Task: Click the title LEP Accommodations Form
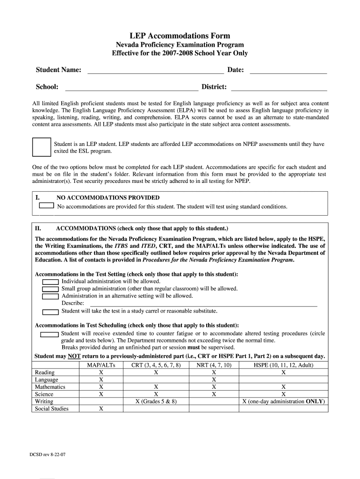(180, 36)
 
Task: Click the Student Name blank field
(156, 71)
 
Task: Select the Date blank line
(288, 71)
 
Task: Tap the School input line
(131, 87)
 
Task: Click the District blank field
(279, 87)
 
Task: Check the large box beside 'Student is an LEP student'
(41, 147)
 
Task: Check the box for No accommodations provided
(46, 205)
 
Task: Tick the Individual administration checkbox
(50, 282)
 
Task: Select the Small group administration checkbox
(50, 289)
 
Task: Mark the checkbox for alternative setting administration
(50, 296)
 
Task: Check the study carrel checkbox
(50, 312)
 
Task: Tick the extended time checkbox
(49, 334)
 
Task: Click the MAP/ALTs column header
(101, 365)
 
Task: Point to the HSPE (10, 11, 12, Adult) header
(283, 365)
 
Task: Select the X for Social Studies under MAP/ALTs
(101, 409)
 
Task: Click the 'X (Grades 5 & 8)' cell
(156, 401)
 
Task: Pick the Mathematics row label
(50, 387)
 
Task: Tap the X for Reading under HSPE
(283, 373)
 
